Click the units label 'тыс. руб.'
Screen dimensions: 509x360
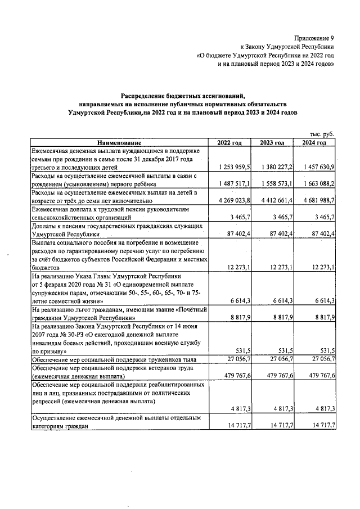tap(322, 134)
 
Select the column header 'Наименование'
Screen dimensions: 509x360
tap(119, 143)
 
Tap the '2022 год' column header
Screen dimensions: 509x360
tap(230, 143)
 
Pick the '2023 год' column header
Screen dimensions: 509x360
tap(272, 143)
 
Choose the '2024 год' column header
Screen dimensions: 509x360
tap(314, 143)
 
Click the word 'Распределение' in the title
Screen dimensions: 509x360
tap(146, 96)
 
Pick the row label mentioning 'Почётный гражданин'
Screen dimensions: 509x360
tap(118, 313)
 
